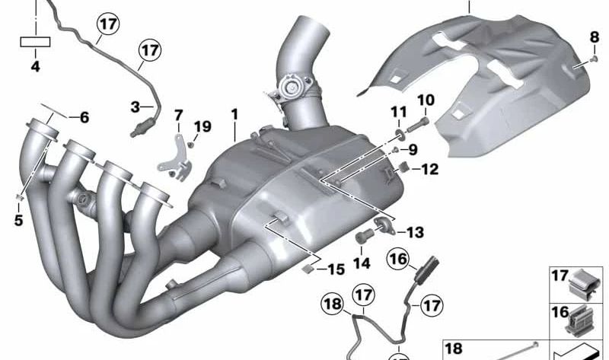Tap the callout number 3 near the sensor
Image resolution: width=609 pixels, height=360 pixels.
(x=135, y=107)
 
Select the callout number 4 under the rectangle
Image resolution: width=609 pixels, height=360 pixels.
(x=35, y=67)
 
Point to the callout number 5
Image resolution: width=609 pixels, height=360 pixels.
(x=18, y=221)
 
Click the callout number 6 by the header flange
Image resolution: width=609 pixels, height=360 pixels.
(x=84, y=117)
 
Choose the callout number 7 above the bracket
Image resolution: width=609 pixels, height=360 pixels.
(x=179, y=116)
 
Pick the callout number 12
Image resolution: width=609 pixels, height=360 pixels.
(x=430, y=170)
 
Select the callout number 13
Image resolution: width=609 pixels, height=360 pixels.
(x=416, y=232)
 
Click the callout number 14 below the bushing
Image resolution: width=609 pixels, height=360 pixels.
(x=361, y=263)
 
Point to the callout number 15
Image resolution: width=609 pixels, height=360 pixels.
(x=336, y=269)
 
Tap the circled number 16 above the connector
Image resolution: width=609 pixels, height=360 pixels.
(x=398, y=260)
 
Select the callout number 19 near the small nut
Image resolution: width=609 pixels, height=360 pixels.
(x=202, y=126)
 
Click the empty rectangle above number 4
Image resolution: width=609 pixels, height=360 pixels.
(x=35, y=43)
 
